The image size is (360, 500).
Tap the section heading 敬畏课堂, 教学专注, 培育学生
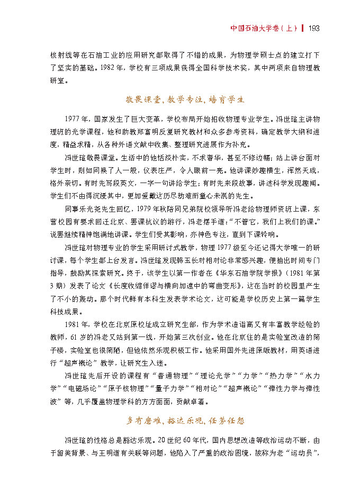185,99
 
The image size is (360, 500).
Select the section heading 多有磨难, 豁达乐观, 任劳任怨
185,421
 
